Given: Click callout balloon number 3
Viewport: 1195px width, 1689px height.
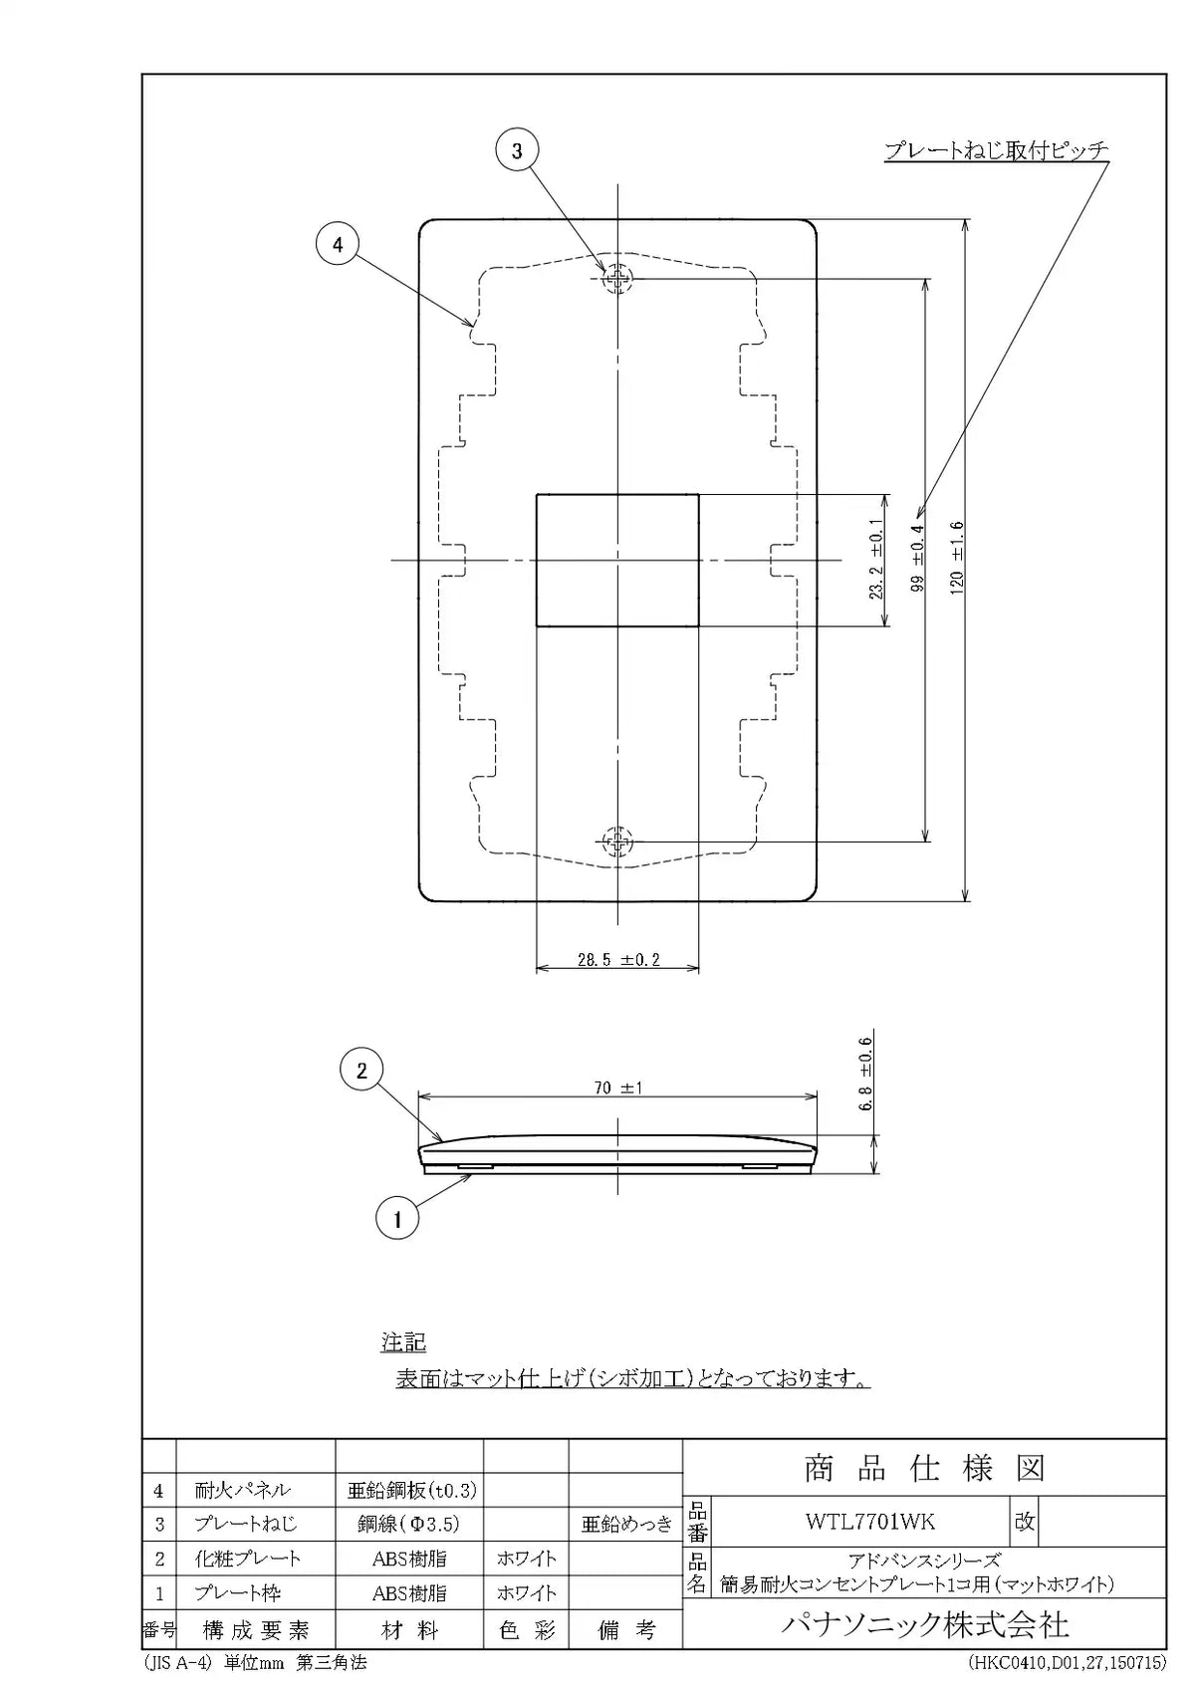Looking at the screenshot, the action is [517, 150].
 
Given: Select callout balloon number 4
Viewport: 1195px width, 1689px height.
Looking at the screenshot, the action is [337, 244].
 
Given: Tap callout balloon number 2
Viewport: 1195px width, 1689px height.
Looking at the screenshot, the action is [361, 1070].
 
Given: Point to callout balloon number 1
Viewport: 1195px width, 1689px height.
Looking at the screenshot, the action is [397, 1217].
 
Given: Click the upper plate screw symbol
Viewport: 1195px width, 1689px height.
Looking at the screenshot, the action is [617, 279].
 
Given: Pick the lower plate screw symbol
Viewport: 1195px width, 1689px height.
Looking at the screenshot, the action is [617, 841].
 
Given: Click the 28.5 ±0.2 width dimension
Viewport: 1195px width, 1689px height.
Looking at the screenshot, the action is [618, 960].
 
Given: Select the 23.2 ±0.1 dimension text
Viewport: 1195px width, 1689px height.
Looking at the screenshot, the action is [876, 559].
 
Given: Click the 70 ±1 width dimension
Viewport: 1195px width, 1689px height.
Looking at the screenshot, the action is [617, 1088].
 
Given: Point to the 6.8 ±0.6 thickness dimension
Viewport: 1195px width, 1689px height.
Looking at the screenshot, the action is [865, 1074].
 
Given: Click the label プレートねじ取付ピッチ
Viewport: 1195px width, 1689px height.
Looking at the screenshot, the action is [997, 150].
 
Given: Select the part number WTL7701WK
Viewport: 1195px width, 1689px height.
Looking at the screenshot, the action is [870, 1522].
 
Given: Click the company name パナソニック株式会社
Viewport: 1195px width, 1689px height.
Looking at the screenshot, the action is [924, 1625].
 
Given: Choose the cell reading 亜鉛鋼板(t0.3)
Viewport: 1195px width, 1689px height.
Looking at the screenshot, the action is [411, 1491].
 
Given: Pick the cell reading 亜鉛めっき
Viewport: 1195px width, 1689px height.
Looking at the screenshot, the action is [626, 1525].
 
